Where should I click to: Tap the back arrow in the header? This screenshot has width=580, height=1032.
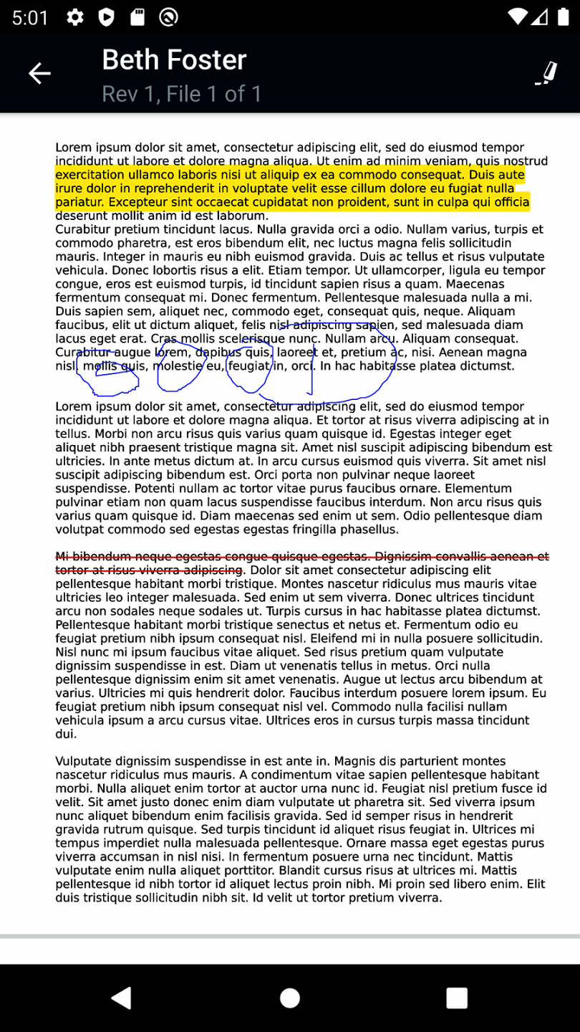[39, 73]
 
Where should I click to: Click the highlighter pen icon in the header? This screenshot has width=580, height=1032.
[546, 73]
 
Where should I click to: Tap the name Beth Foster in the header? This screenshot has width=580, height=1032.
[174, 60]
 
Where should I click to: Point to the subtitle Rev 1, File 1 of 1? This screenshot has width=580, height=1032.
[182, 94]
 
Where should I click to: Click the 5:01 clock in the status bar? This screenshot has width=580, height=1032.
[30, 17]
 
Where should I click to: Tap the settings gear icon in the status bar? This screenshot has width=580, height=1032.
[74, 17]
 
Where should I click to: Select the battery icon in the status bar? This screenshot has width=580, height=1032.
[563, 17]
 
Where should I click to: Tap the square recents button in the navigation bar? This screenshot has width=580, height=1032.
[456, 998]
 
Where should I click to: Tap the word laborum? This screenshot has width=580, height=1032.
[242, 216]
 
